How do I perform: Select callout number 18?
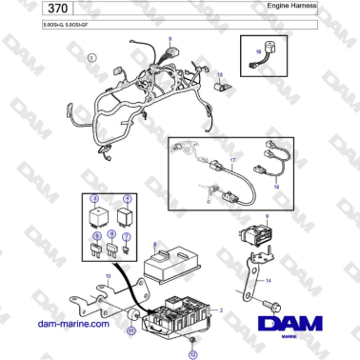277,188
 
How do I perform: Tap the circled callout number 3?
94,201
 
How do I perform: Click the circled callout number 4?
129,201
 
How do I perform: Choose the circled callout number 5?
95,234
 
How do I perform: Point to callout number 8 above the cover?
153,245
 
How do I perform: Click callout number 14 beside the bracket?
268,281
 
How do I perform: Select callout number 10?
108,278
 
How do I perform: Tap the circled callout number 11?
132,330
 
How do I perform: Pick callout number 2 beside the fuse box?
221,311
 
